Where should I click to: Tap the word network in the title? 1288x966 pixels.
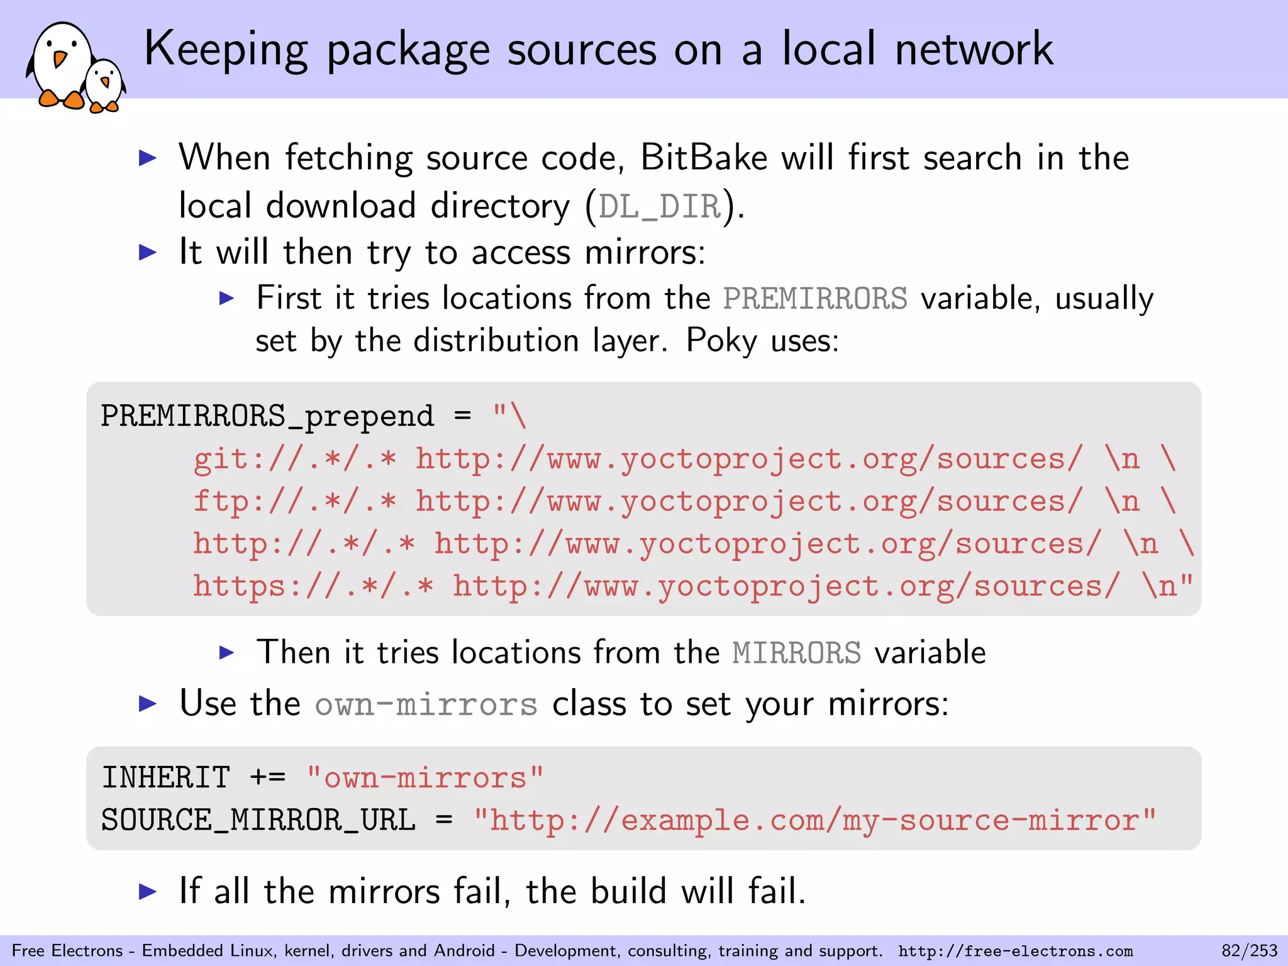coord(974,49)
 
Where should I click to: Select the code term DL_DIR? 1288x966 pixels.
coord(660,206)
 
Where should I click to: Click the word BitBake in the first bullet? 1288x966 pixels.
coord(704,157)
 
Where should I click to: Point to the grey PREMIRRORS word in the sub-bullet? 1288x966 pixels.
coord(815,298)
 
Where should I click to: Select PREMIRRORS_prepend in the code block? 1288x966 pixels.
coord(267,416)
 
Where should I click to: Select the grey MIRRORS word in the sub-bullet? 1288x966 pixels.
coord(796,653)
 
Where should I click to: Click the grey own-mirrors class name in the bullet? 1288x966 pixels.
coord(426,704)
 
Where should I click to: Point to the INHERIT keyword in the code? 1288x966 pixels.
coord(166,778)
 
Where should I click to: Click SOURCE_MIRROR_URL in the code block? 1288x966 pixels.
coord(258,820)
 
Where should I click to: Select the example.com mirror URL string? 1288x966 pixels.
coord(814,820)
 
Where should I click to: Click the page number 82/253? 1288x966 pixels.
coord(1249,950)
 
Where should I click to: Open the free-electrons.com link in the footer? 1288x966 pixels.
coord(1015,951)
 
